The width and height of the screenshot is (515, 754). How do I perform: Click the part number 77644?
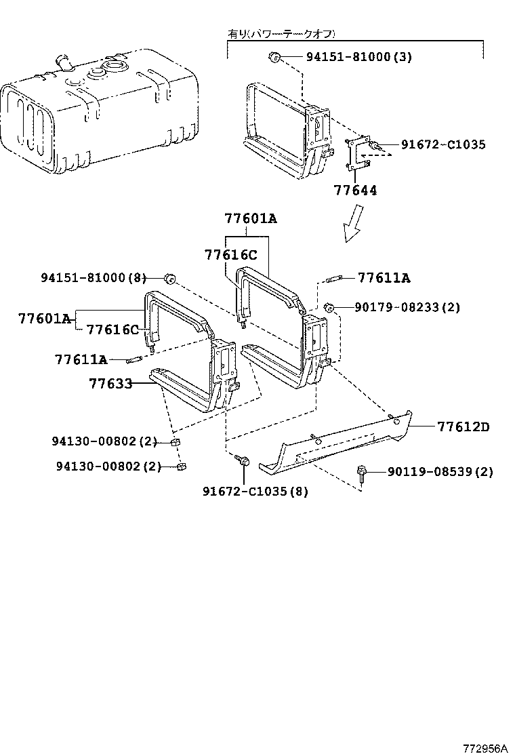[x=354, y=191]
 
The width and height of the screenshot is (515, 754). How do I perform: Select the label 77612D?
[x=463, y=427]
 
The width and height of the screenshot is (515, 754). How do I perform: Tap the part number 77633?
[x=110, y=384]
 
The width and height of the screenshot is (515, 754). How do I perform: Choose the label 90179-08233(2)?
[x=407, y=307]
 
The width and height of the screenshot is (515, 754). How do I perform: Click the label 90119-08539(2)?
[x=440, y=472]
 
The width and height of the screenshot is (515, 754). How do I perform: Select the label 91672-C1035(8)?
[x=255, y=491]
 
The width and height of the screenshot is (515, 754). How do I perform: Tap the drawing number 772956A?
[x=485, y=748]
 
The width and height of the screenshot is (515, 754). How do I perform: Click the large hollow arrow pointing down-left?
[x=353, y=224]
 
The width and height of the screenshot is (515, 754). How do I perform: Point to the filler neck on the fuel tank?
[x=66, y=62]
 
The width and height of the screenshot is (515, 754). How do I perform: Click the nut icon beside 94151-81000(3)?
[x=274, y=57]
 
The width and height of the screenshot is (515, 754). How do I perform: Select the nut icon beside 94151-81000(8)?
[x=170, y=278]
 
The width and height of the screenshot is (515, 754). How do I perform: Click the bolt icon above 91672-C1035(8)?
[x=242, y=461]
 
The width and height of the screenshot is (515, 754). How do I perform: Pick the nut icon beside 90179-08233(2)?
[x=329, y=307]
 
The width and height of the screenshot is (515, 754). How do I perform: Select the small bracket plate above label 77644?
[x=357, y=153]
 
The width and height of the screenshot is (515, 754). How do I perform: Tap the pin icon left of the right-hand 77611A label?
[x=335, y=277]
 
